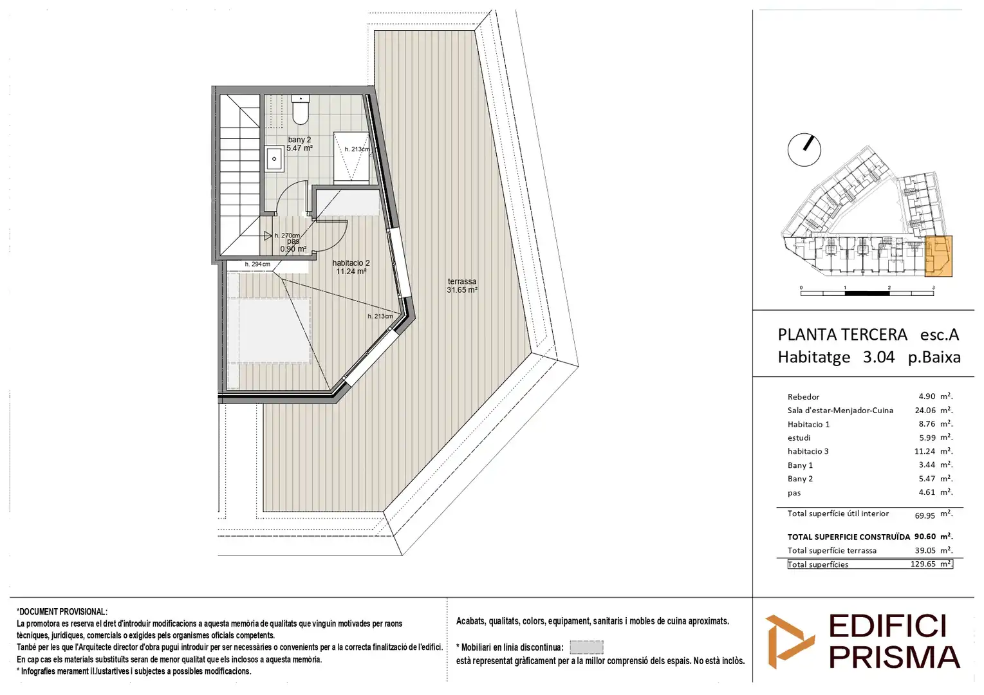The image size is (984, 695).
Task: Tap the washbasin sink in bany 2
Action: click(274, 159)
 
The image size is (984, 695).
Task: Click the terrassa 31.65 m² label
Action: click(461, 286)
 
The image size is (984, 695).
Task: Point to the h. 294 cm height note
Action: click(257, 264)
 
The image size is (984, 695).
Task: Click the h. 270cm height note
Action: click(287, 236)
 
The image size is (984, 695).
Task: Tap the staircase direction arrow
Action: click(268, 236)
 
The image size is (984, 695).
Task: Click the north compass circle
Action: click(804, 150)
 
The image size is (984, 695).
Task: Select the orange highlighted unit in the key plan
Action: click(938, 256)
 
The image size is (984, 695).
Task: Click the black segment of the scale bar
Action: click(867, 293)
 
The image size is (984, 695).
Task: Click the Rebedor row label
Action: click(803, 396)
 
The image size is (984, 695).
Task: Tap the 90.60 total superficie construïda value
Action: click(925, 537)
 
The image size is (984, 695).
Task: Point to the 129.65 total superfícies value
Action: click(923, 564)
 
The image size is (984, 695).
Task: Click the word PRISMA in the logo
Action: click(895, 658)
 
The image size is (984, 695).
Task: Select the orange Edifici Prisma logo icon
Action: click(790, 642)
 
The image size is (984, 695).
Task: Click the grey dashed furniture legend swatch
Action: click(586, 647)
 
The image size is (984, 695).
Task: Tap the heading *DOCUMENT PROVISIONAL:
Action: click(62, 611)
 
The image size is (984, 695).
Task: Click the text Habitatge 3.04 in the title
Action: click(836, 357)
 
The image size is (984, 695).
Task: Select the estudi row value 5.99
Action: click(927, 438)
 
